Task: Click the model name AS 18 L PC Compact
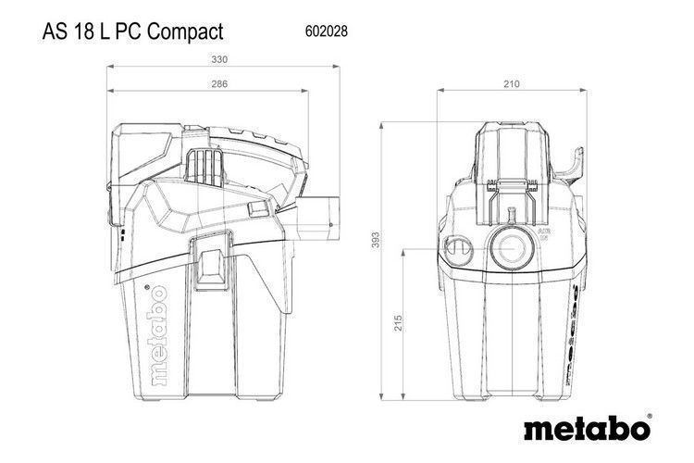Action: [x=133, y=31]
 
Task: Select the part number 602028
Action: [x=326, y=31]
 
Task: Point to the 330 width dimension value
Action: [x=219, y=57]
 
